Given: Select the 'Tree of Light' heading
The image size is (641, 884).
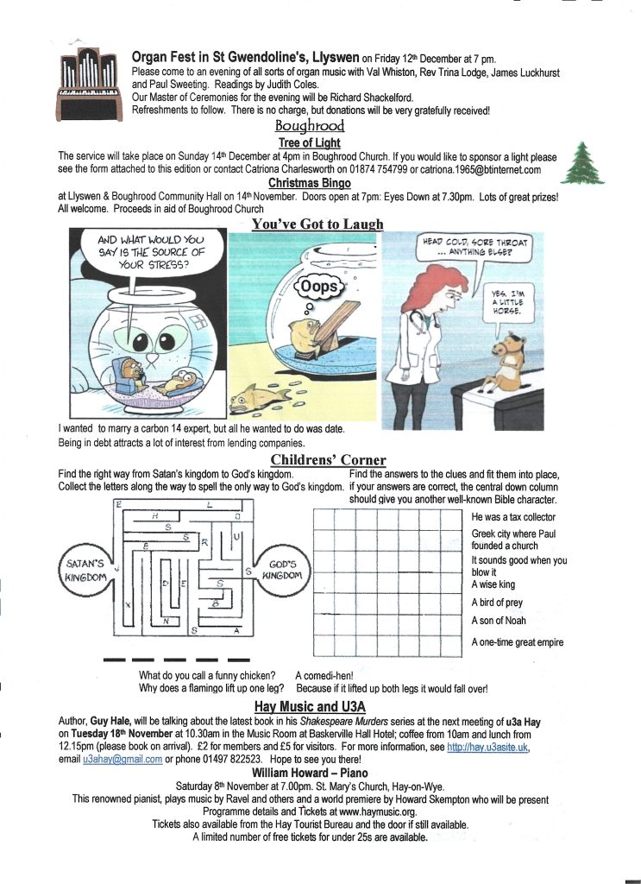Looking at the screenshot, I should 309,142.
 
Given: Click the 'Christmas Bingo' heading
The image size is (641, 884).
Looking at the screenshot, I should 309,183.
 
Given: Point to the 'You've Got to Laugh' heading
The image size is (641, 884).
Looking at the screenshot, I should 317,224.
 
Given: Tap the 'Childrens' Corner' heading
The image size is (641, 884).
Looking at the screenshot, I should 328,459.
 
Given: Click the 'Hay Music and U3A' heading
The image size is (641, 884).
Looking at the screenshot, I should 312,707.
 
